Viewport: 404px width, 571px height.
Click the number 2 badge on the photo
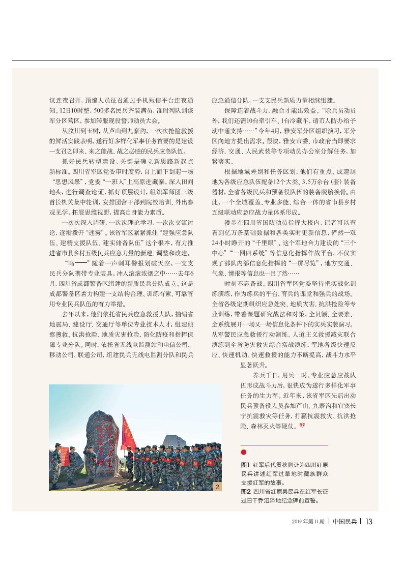pyautogui.click(x=217, y=487)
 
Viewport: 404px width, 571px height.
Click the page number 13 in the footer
pyautogui.click(x=369, y=521)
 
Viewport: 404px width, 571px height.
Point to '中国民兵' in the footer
pyautogui.click(x=344, y=521)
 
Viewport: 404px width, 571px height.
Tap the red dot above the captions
pyautogui.click(x=244, y=452)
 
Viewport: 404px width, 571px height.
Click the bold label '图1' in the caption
pyautogui.click(x=245, y=465)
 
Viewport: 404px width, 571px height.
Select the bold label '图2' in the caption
pyautogui.click(x=245, y=492)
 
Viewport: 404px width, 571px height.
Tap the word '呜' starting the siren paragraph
pyautogui.click(x=70, y=263)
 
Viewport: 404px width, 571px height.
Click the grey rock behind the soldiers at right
pyautogui.click(x=174, y=440)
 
